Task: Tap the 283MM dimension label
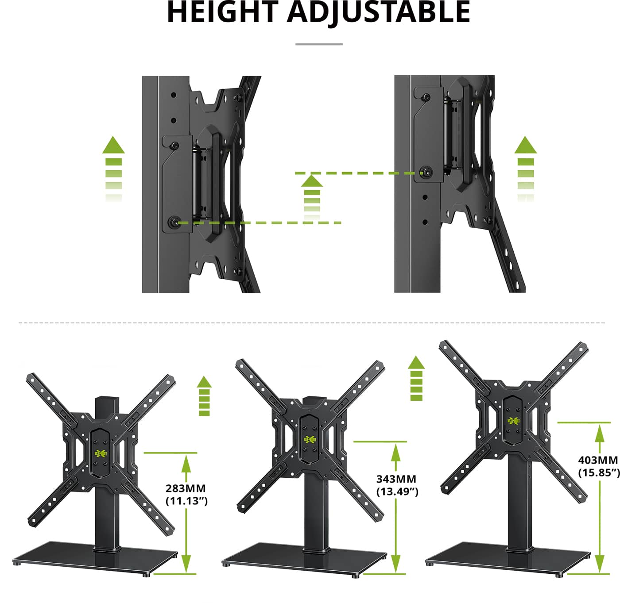[186, 488]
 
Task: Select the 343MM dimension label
[396, 479]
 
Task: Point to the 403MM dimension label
[598, 460]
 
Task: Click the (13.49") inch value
[397, 491]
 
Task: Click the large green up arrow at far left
[113, 168]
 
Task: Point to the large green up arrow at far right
[526, 168]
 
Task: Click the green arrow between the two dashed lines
[312, 197]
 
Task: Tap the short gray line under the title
[319, 44]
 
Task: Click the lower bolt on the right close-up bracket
[426, 171]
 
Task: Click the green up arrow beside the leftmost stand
[204, 396]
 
